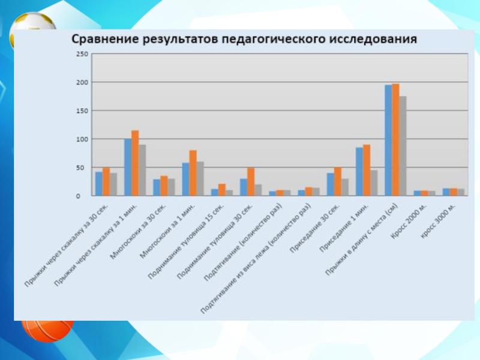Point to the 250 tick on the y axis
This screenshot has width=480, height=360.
(82, 55)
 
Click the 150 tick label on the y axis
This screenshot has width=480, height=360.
(82, 111)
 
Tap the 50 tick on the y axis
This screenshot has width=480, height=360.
(83, 168)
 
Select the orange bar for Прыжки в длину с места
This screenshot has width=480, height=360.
(395, 140)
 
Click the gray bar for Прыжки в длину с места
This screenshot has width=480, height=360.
(403, 146)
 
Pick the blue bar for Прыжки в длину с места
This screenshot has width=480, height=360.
(388, 140)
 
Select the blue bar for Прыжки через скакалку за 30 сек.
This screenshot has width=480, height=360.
(99, 184)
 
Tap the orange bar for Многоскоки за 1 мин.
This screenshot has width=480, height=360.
(193, 173)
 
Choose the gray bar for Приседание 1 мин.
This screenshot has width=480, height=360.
(374, 183)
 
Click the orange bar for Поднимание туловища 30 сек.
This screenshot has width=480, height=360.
(251, 182)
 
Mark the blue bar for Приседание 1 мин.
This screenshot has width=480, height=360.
(359, 172)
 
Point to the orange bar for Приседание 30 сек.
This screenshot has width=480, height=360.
(338, 181)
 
